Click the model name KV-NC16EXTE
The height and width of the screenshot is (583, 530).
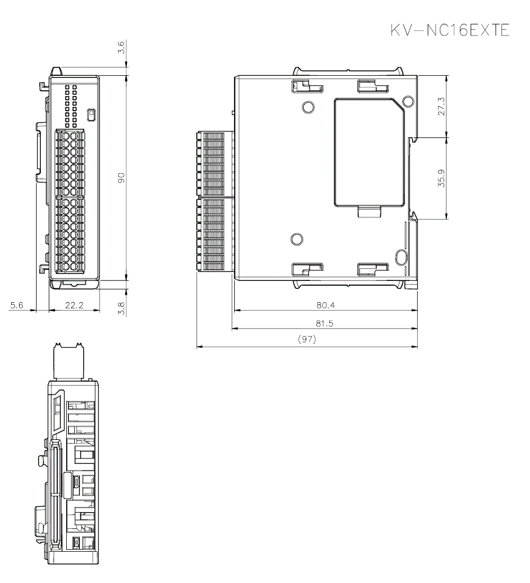point(449,31)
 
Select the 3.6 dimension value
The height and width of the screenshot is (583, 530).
point(121,49)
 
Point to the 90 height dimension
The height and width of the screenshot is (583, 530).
point(121,178)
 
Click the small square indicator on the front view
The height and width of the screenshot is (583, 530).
point(91,113)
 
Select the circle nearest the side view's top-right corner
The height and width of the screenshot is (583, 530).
point(408,101)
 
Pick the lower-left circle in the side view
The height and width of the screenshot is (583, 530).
point(297,240)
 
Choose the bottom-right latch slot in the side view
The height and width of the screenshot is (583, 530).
point(373,270)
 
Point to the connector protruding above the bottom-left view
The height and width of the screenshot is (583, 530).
point(69,360)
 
